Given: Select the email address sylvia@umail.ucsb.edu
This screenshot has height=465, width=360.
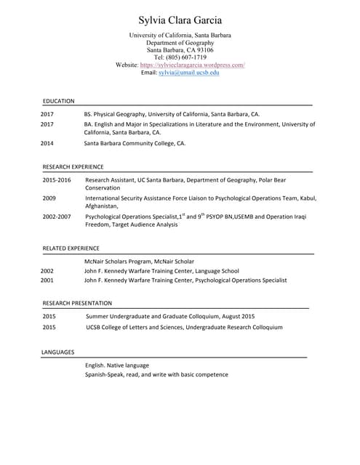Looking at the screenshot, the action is point(189,73).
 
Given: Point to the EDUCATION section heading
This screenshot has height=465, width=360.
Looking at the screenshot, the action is point(58,101).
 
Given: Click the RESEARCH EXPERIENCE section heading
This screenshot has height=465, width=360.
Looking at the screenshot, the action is point(73,166).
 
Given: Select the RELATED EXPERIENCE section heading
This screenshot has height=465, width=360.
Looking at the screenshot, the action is point(71,248).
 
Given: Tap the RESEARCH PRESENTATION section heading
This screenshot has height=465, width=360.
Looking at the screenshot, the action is point(77,302).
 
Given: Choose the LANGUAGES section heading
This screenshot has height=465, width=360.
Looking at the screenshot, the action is point(57,352).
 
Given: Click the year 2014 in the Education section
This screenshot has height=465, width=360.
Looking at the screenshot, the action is point(47,143).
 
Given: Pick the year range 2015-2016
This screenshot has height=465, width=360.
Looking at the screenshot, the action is point(57,179).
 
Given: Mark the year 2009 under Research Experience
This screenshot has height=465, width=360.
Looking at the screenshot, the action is point(49,198).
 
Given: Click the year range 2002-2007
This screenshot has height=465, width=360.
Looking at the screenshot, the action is point(57,217).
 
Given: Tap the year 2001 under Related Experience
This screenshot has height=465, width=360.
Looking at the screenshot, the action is point(47,280).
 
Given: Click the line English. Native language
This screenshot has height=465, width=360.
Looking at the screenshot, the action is point(117,365).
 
